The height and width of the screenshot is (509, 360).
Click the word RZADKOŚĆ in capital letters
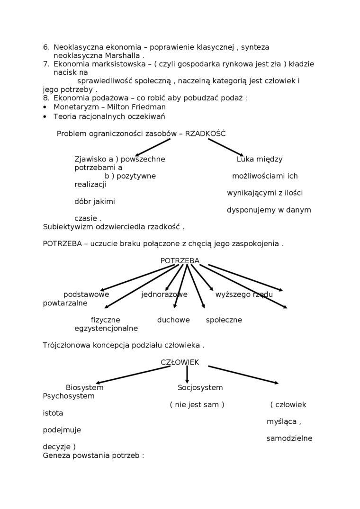point(205,134)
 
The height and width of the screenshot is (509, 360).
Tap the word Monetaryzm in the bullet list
point(76,107)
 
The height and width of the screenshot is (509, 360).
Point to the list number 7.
point(46,64)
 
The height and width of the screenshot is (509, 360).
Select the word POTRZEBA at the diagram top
point(180,261)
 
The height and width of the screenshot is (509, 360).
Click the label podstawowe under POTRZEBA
point(86,295)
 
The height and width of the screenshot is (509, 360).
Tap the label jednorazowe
point(164,295)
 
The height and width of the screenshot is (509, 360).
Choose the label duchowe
point(173,320)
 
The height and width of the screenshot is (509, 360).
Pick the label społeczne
point(224,320)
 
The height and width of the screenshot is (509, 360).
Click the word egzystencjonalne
point(106,329)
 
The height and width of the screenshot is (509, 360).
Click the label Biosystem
point(84,388)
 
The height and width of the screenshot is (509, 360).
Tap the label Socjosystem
point(200,388)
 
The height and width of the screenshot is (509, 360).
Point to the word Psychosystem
point(68,396)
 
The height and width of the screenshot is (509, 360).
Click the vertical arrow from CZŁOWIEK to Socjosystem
point(187,374)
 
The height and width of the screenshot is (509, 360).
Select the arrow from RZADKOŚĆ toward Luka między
point(226,147)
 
